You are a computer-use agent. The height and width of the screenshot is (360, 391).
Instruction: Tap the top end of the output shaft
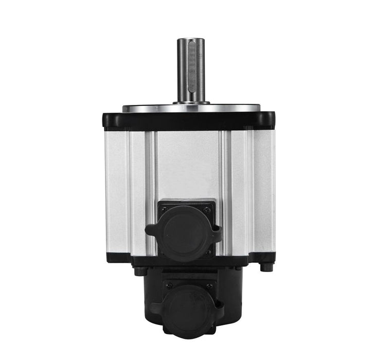click(191, 41)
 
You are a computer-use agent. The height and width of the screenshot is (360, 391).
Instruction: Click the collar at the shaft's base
click(191, 102)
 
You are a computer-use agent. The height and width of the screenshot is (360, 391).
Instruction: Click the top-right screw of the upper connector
click(207, 209)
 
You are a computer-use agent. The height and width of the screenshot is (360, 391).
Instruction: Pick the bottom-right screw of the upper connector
click(208, 253)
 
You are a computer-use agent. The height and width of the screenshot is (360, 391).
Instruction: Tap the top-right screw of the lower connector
click(209, 286)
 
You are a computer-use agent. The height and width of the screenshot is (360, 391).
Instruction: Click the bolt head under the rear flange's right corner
click(265, 267)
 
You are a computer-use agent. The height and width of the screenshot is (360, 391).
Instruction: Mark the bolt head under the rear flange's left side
click(139, 271)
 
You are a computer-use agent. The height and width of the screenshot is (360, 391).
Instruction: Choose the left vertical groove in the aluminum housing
click(151, 190)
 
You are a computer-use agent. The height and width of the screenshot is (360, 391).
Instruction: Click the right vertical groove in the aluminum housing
click(225, 190)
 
